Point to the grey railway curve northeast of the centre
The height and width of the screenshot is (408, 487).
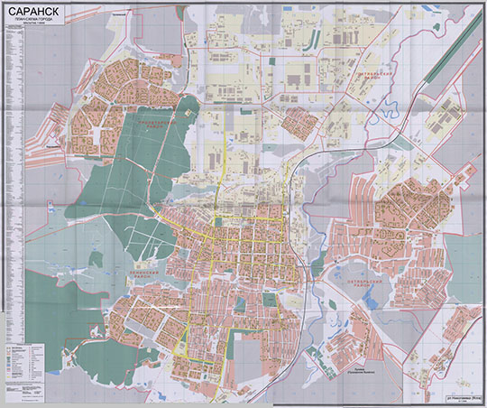[x=307, y=172]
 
